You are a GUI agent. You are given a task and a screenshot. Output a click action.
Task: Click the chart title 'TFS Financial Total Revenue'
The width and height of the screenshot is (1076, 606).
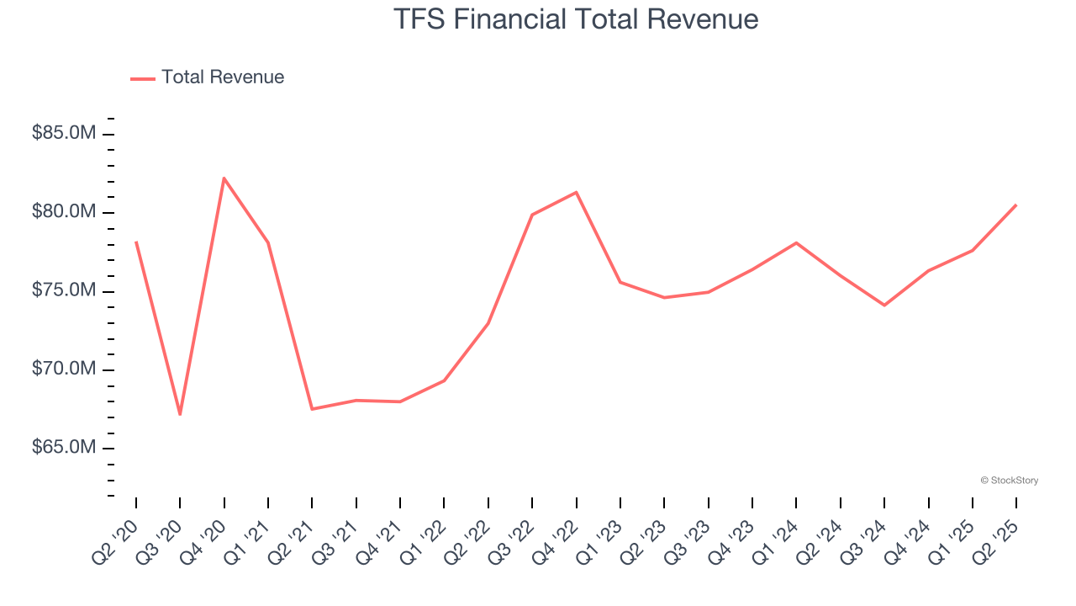point(576,19)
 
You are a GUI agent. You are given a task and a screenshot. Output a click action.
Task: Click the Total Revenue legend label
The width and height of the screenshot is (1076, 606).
point(223,77)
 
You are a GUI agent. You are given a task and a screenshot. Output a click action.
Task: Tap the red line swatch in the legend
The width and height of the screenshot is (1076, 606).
point(143,78)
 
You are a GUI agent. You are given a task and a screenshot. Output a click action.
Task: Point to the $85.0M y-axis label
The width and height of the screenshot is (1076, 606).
point(63,133)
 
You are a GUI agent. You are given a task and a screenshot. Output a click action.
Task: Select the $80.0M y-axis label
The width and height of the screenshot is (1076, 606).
point(63,212)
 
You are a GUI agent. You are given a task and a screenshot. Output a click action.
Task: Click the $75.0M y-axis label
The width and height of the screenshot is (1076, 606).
point(63,291)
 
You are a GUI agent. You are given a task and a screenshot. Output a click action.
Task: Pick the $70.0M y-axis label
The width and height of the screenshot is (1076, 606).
point(63,369)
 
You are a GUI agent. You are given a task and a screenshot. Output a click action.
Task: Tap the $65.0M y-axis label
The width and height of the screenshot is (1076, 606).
point(63,448)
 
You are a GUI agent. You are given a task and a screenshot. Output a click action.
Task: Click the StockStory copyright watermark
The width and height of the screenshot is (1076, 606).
point(1009,481)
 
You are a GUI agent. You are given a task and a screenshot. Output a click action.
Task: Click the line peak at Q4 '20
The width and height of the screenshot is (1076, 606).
point(224,178)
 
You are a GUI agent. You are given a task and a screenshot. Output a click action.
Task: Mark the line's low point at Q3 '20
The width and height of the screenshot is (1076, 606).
point(180,414)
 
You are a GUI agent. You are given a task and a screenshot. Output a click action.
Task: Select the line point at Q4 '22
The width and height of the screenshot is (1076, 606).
point(576,192)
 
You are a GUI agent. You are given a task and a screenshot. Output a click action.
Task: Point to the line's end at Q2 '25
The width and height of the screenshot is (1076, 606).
point(1016,205)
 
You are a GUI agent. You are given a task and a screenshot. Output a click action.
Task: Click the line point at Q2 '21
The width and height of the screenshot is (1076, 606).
point(312,409)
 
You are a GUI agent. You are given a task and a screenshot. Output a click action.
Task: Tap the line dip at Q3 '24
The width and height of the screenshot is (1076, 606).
point(884,305)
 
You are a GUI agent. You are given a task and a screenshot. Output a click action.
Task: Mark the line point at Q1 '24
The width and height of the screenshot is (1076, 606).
point(796,242)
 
